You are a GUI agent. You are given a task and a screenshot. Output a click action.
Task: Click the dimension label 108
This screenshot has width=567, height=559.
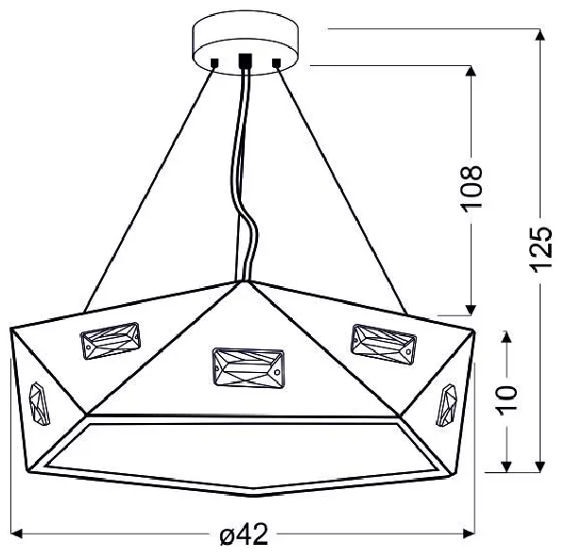(x=472, y=188)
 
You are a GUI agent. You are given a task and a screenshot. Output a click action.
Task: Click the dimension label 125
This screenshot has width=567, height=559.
(x=541, y=249)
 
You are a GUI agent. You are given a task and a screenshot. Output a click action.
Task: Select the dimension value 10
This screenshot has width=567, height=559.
(x=507, y=400)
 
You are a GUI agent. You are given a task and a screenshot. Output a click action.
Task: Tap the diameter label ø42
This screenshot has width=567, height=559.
(x=244, y=534)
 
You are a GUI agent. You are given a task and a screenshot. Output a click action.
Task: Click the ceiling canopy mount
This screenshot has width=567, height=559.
(x=245, y=42)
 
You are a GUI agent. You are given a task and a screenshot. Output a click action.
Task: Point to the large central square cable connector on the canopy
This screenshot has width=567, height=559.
(x=245, y=60)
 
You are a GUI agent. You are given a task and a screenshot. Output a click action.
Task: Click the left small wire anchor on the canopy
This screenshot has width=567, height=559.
(x=215, y=63)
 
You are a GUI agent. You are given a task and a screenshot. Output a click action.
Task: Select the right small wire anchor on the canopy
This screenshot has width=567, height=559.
(x=276, y=63)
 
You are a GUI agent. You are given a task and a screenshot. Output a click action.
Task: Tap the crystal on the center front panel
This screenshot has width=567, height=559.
(x=248, y=367)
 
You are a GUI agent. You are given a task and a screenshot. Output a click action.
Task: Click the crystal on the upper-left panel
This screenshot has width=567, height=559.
(x=111, y=341)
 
